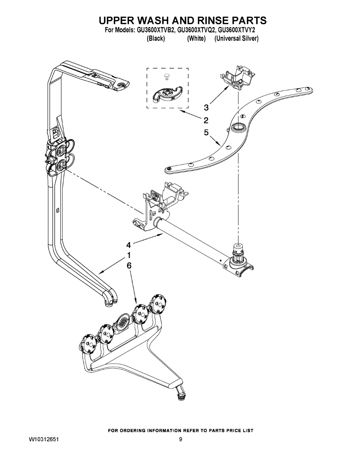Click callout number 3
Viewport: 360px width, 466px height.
tap(206, 107)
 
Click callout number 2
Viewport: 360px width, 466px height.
tap(206, 120)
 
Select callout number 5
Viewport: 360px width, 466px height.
tap(206, 132)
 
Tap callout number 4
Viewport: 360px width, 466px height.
tap(128, 245)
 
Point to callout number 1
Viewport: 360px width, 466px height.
tap(128, 256)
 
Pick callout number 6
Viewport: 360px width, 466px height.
tap(129, 266)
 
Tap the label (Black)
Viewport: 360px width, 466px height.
tap(156, 38)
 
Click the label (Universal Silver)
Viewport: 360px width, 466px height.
tap(236, 38)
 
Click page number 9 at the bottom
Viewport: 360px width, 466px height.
tap(181, 440)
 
